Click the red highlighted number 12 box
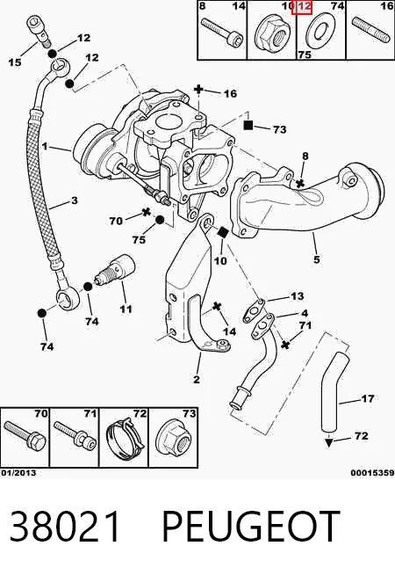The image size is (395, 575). pos(302,7)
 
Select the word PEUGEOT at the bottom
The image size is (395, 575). pos(250,526)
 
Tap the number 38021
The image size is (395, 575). pos(65,527)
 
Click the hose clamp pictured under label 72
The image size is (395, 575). pos(125,438)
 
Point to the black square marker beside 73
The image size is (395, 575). pos(248,125)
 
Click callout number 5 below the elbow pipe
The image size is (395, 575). pos(317,259)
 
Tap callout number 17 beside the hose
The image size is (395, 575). pos(367,398)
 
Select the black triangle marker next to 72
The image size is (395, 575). pos(329,442)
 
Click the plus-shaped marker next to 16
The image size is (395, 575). pos(198,89)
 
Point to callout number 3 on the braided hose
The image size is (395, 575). pos(75,200)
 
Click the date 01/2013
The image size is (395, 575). pos(18,473)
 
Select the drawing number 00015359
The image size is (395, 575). pos(373,473)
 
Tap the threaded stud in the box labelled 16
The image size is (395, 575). pos(370,30)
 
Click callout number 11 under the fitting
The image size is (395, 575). pos(126,309)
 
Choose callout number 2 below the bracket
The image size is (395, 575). pos(197,379)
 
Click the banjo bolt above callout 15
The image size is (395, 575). pos(38,31)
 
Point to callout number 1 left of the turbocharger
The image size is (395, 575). pos(45,146)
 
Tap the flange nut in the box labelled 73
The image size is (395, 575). pos(174,438)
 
